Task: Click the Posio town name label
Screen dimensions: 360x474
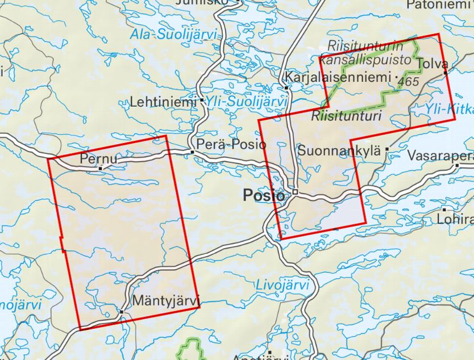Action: click(263, 195)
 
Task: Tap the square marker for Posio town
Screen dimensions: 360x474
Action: click(296, 192)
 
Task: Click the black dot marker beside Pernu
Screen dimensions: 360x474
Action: click(101, 168)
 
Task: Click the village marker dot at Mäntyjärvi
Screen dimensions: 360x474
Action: click(121, 311)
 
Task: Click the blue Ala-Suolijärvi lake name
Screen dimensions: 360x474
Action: click(174, 35)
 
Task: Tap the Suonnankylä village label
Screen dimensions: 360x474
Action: click(339, 151)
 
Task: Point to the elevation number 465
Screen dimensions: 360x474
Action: click(409, 82)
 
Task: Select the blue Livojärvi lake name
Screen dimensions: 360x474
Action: click(282, 284)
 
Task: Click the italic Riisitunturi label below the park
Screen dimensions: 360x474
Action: click(346, 116)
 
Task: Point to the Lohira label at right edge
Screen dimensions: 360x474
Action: click(461, 219)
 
